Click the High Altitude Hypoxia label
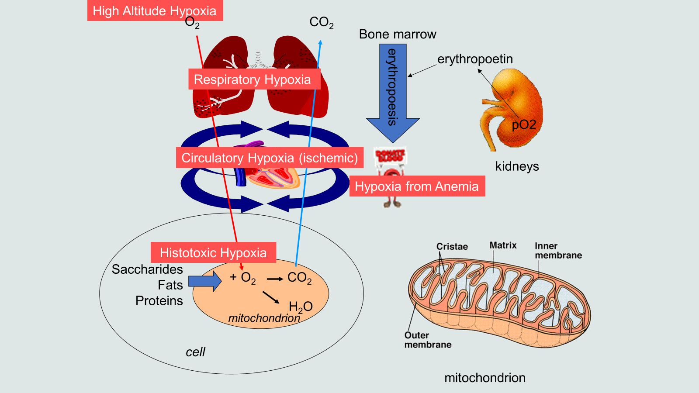point(155,10)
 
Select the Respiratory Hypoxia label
point(253,79)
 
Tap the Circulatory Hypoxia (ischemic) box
point(270,158)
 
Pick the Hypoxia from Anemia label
point(417,186)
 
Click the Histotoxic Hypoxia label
point(213,252)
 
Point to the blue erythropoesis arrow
point(393,92)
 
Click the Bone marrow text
point(398,34)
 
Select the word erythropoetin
point(475,59)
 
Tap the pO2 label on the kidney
point(524,125)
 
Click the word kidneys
point(517,166)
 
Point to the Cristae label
point(452,247)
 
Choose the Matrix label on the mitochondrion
point(503,245)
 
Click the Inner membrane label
point(558,251)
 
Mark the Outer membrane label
point(428,340)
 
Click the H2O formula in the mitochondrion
point(301,307)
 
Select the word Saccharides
point(147,269)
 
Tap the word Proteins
point(159,301)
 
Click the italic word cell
point(195,352)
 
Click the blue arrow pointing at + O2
point(205,281)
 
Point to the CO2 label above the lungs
point(322,22)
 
